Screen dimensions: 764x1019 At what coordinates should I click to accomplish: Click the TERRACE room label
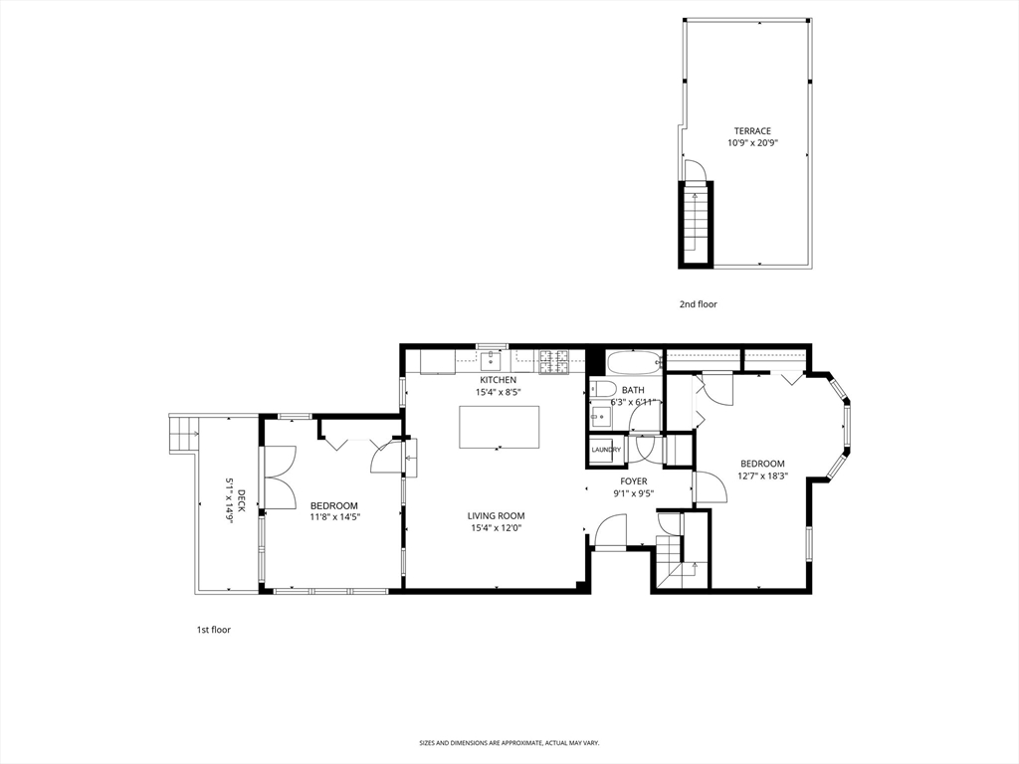point(752,130)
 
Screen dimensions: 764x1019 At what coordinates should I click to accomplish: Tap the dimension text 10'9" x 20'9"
point(752,143)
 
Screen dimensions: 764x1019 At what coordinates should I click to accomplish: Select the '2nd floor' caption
point(698,304)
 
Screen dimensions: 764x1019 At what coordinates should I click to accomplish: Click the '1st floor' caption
point(213,630)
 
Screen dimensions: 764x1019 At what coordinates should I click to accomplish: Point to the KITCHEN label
point(498,380)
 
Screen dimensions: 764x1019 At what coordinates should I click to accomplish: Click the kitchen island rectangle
point(499,427)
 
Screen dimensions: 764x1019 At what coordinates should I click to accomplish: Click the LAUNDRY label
point(606,450)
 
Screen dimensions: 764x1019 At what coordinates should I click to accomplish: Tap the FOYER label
point(633,481)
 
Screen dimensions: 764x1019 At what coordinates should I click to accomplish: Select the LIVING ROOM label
point(497,515)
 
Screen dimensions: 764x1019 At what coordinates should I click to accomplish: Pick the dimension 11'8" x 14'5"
point(334,517)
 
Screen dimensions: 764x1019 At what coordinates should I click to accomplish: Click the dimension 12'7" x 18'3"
point(762,476)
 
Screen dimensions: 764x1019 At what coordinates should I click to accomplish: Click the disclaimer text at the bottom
point(509,743)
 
